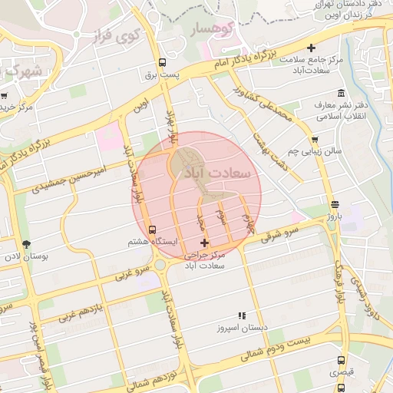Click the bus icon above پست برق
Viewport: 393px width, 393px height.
(x=161, y=63)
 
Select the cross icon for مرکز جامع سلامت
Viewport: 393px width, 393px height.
(x=310, y=47)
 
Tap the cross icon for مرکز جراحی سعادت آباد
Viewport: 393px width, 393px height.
(x=203, y=243)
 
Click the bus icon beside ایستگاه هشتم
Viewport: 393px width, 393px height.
(x=151, y=229)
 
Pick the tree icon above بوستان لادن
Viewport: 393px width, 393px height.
(x=27, y=243)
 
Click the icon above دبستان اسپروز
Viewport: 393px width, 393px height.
(x=242, y=315)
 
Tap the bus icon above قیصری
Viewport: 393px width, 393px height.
(x=341, y=360)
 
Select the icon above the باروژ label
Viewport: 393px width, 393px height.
(x=334, y=204)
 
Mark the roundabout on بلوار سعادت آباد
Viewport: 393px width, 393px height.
(x=162, y=264)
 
